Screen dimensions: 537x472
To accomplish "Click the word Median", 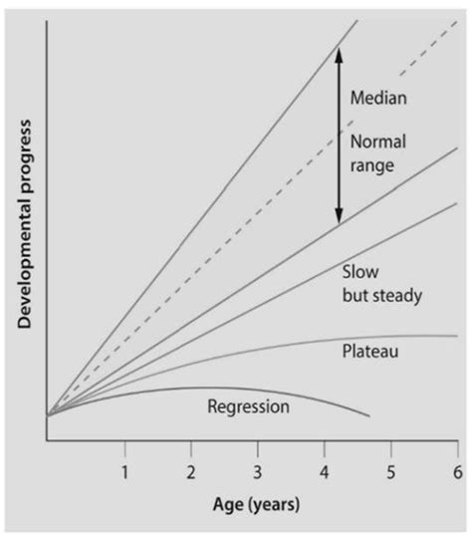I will [379, 99].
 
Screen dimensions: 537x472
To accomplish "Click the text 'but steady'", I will [382, 295].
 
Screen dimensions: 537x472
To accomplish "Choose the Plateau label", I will [370, 351].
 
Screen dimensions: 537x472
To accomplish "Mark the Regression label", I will [248, 405].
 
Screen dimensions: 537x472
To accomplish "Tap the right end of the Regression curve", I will [369, 415].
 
